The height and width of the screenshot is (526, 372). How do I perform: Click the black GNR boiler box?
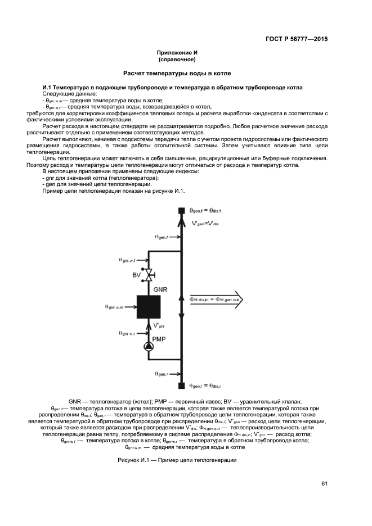pyautogui.click(x=149, y=307)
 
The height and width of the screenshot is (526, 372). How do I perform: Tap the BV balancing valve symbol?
pyautogui.click(x=149, y=275)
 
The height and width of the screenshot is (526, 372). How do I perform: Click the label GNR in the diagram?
pyautogui.click(x=160, y=289)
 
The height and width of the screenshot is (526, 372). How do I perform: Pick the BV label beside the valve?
pyautogui.click(x=136, y=275)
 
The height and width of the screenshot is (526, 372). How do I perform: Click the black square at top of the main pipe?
pyautogui.click(x=181, y=211)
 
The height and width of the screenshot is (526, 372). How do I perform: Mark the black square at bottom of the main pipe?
pyautogui.click(x=181, y=386)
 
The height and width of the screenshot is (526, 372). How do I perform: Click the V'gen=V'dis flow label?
pyautogui.click(x=204, y=223)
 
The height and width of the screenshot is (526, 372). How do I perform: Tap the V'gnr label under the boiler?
pyautogui.click(x=159, y=325)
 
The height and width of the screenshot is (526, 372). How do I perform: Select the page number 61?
pyautogui.click(x=324, y=483)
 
